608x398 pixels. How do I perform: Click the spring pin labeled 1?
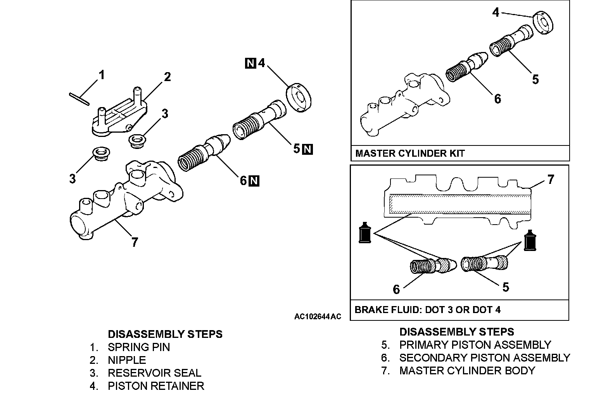79,99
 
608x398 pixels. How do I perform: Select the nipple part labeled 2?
120,112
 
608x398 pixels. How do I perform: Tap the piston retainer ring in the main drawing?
299,98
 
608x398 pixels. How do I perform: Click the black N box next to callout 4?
250,63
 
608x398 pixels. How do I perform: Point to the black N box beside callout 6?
254,181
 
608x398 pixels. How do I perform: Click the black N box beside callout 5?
307,149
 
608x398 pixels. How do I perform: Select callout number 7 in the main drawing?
135,242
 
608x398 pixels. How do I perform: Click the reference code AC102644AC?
318,317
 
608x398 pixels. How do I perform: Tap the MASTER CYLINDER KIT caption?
410,153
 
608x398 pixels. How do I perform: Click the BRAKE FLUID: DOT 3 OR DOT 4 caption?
427,310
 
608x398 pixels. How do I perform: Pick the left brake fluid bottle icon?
365,233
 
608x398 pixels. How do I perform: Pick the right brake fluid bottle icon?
530,241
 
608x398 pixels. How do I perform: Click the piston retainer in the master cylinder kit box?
543,23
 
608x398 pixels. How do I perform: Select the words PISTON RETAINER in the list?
156,386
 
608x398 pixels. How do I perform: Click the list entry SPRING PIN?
139,347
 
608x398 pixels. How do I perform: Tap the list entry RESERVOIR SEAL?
154,373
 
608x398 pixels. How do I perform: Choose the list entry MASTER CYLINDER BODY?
467,370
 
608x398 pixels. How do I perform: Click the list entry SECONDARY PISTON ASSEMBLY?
485,358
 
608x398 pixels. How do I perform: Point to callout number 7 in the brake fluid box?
551,180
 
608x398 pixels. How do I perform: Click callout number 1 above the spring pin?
102,75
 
